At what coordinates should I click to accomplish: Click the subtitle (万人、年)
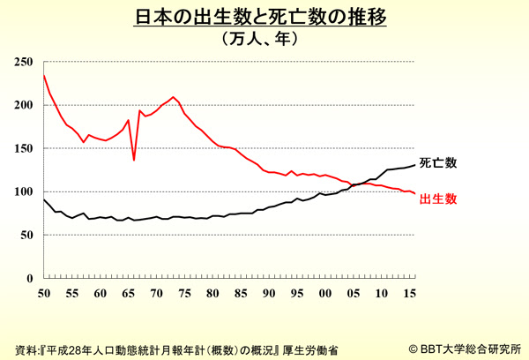click(264, 39)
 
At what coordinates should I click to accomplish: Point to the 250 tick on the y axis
click(24, 62)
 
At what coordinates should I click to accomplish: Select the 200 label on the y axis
click(24, 105)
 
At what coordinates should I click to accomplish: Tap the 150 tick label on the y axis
click(24, 148)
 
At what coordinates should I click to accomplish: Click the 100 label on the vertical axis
click(24, 191)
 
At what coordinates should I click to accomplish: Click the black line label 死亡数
click(438, 164)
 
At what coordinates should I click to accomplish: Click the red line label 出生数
click(438, 199)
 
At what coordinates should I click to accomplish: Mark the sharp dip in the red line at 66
click(134, 160)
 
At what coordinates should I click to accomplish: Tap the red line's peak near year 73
click(174, 97)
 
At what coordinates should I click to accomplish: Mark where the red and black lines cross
click(360, 184)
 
